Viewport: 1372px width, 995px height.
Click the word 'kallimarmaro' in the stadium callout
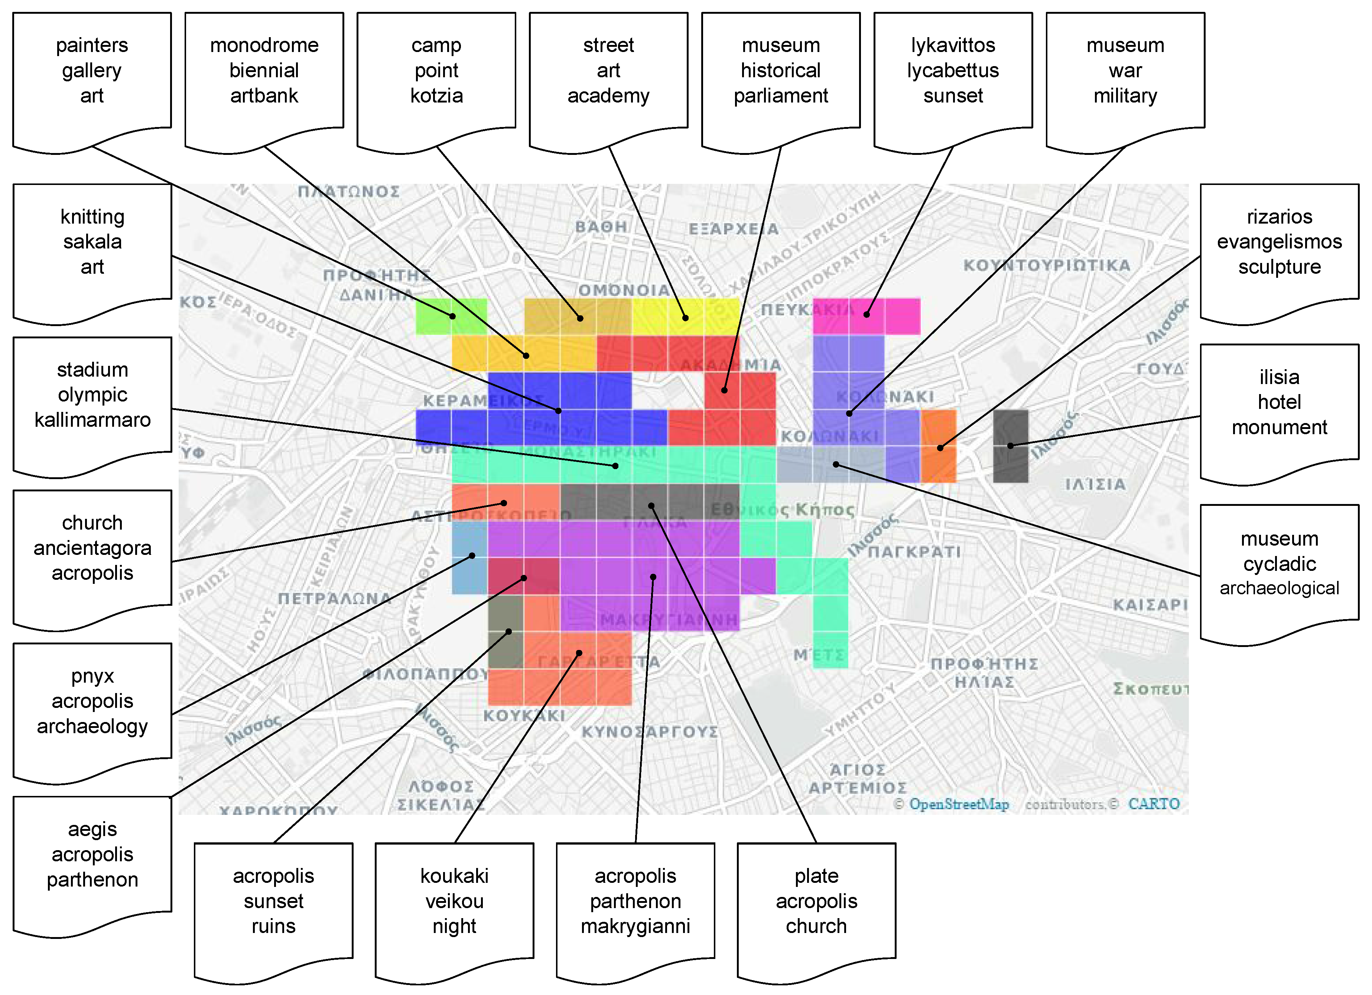tap(92, 420)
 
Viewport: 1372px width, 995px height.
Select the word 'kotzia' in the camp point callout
tap(436, 95)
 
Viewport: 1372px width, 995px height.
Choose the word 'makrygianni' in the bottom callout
tap(635, 926)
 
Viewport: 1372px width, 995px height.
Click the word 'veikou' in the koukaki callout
tap(454, 901)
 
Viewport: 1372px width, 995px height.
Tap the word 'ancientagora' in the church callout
tap(92, 548)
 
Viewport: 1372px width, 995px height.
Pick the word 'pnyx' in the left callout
tap(92, 676)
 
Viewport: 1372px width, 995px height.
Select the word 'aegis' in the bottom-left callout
tap(92, 829)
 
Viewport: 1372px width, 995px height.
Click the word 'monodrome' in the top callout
tap(264, 45)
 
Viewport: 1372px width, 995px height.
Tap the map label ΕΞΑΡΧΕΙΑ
tap(733, 229)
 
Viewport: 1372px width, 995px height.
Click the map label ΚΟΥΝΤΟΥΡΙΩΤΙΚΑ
tap(1047, 265)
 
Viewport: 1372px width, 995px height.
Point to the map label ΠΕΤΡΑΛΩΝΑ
tap(335, 599)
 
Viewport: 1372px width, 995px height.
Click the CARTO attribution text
tap(1154, 804)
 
